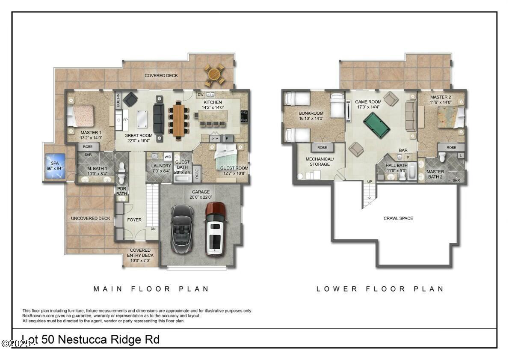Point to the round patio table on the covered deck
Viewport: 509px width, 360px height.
click(x=214, y=74)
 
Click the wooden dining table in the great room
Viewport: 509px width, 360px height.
click(x=178, y=120)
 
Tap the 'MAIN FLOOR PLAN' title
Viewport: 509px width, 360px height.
click(x=151, y=289)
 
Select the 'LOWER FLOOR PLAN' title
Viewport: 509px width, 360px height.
click(x=380, y=289)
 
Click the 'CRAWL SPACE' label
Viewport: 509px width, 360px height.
click(x=398, y=218)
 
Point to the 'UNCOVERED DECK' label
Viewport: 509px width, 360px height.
click(x=90, y=218)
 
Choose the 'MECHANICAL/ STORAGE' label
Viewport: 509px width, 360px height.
click(x=320, y=161)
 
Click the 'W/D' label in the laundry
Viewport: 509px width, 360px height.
click(x=168, y=157)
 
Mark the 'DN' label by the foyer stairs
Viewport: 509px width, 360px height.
click(x=153, y=229)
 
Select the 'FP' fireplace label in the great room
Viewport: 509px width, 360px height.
click(x=126, y=120)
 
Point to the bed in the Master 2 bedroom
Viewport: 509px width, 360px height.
click(x=449, y=116)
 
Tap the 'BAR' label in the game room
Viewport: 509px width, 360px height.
click(x=403, y=150)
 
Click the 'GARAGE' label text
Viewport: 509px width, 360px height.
click(x=201, y=192)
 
